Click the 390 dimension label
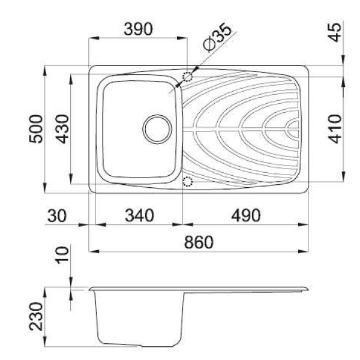pyautogui.click(x=138, y=29)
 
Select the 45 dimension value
pyautogui.click(x=336, y=32)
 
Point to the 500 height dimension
pyautogui.click(x=36, y=129)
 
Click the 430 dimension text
pyautogui.click(x=62, y=129)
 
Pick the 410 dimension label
pyautogui.click(x=335, y=129)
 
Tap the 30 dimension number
pyautogui.click(x=57, y=216)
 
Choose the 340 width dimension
pyautogui.click(x=139, y=215)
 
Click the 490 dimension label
pyautogui.click(x=246, y=215)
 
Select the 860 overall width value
pyautogui.click(x=199, y=242)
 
